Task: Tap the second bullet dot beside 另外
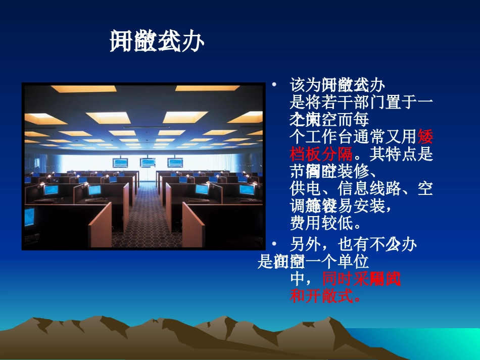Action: (274, 244)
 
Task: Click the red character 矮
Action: (425, 136)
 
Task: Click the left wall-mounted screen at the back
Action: (121, 163)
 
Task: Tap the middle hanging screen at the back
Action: (148, 163)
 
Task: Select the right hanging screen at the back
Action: (175, 163)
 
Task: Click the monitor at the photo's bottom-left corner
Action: (30, 216)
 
